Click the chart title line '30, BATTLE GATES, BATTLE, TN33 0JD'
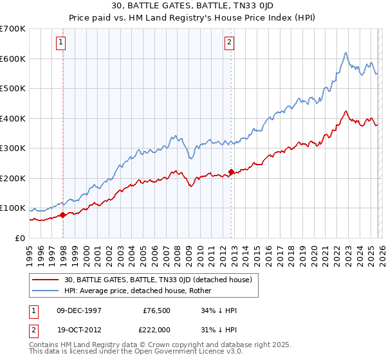point(192,6)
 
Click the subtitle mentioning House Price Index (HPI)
point(192,17)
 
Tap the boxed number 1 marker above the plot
point(60,43)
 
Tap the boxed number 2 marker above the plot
point(229,43)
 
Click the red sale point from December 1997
point(63,215)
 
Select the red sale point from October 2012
point(232,172)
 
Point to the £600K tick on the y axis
point(12,59)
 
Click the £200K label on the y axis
point(12,178)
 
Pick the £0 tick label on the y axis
point(19,238)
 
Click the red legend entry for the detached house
point(161,280)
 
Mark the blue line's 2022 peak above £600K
point(345,53)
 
